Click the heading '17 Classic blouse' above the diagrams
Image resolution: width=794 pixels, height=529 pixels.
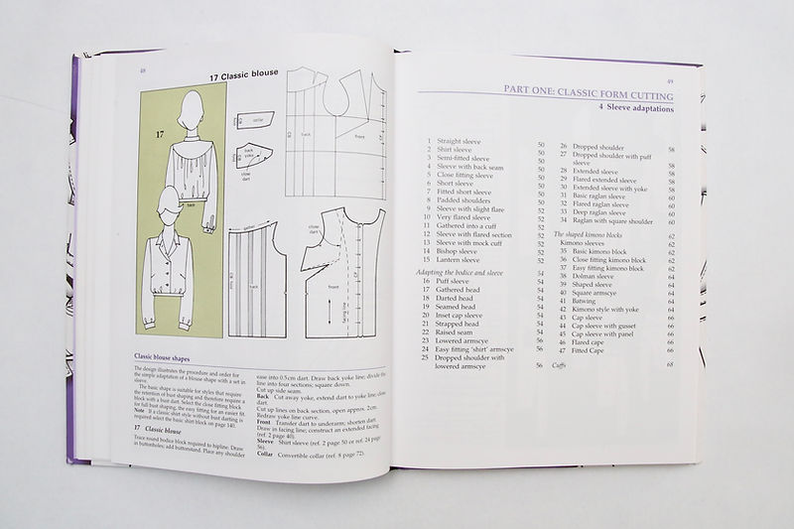[x=244, y=75]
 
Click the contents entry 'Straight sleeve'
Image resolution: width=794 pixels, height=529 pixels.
[x=458, y=145]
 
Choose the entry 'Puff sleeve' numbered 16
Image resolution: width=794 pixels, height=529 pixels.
[x=453, y=283]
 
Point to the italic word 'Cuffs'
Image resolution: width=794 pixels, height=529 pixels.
[x=564, y=365]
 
